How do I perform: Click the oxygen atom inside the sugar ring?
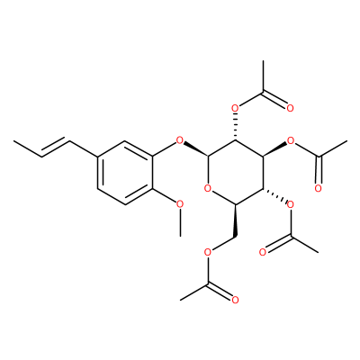point(208,189)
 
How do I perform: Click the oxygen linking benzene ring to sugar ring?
point(180,140)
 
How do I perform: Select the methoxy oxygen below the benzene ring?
point(180,204)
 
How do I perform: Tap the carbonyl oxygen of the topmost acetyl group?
point(290,108)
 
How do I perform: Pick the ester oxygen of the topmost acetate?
point(235,108)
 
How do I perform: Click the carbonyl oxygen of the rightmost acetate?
point(319,188)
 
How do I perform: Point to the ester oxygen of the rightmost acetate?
point(291,140)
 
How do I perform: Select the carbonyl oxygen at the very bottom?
point(235,300)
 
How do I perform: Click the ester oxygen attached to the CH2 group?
point(208,252)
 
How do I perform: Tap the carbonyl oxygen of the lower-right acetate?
point(263,252)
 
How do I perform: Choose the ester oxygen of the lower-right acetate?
point(291,204)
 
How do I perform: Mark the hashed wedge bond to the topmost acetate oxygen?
point(235,127)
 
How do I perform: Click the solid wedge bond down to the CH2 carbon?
point(235,220)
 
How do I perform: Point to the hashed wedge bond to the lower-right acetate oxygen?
point(274,195)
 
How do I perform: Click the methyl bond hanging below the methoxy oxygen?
point(180,223)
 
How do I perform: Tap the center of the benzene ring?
point(125,173)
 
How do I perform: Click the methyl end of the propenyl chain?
point(13,140)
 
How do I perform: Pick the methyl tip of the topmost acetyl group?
point(263,61)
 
